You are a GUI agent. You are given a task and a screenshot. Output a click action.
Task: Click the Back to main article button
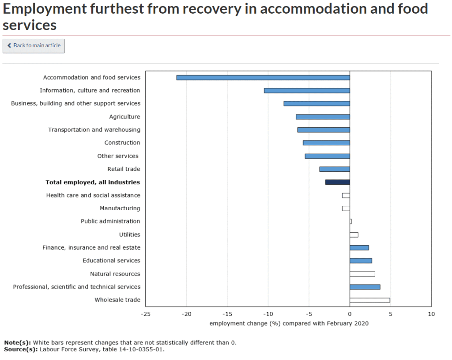tap(34, 45)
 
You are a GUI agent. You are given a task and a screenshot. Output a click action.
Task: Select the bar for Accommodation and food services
tap(263, 77)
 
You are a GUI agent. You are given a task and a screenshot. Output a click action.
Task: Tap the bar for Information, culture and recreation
tap(307, 91)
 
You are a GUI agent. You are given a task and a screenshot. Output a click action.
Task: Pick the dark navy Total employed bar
tap(338, 182)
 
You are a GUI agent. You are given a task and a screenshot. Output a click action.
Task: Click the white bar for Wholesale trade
tap(369, 300)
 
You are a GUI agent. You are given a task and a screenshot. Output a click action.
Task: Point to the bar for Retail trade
tap(335, 169)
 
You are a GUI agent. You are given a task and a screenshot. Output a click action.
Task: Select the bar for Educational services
tap(361, 261)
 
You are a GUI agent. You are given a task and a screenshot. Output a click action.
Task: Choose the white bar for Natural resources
tap(362, 274)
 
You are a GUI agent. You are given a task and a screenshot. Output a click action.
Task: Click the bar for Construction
tap(326, 143)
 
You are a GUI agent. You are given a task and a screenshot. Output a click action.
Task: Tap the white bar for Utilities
tap(354, 235)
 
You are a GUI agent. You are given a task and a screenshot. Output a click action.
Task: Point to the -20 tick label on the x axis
tap(186, 314)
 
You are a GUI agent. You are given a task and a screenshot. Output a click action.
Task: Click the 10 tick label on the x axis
tap(431, 314)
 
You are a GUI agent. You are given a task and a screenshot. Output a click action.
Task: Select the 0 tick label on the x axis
tap(350, 314)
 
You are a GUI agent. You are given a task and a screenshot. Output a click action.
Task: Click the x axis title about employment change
tap(289, 323)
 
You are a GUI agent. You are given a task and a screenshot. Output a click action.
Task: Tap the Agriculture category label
tap(124, 117)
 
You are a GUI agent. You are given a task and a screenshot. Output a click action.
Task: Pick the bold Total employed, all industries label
tap(93, 182)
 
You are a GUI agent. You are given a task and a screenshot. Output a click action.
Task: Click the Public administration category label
tap(110, 221)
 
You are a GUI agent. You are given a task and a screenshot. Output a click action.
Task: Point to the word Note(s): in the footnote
tap(18, 342)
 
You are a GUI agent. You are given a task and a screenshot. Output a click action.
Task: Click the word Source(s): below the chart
tap(21, 349)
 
